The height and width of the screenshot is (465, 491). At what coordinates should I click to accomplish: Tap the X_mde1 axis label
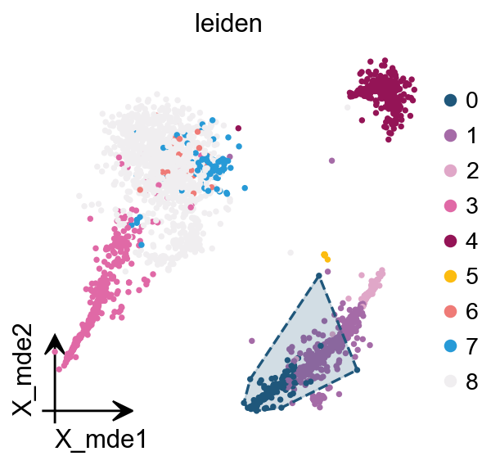101,440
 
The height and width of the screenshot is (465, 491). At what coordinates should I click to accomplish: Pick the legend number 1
471,136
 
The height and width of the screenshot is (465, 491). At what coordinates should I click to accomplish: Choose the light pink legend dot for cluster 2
449,171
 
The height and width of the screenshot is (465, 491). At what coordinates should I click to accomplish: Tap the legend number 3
471,206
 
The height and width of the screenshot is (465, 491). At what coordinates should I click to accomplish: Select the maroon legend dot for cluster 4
449,242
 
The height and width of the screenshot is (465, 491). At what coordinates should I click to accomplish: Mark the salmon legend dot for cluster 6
449,312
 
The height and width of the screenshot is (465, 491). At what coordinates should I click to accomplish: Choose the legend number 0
471,101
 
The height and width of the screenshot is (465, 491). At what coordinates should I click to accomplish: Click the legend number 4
471,242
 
